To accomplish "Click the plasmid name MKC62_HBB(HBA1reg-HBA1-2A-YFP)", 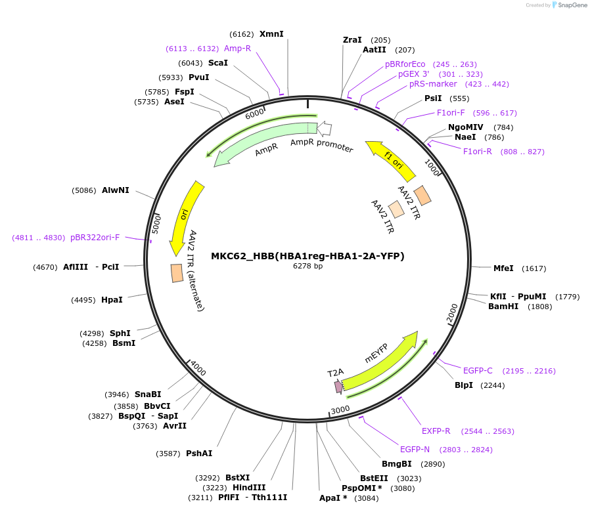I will click(x=307, y=256).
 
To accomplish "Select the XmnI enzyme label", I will click(x=271, y=33).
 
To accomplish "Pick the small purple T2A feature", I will click(x=339, y=387).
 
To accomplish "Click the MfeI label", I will click(x=503, y=268).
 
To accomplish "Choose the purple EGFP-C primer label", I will click(x=478, y=371).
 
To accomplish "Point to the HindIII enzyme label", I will click(x=249, y=488).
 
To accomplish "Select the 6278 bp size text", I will click(x=307, y=266).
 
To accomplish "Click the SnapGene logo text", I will click(x=572, y=5).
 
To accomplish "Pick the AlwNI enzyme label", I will click(x=115, y=190).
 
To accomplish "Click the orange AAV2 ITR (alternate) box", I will click(x=177, y=273).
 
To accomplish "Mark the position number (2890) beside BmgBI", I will click(x=433, y=464).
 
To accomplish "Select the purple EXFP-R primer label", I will click(x=436, y=431).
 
